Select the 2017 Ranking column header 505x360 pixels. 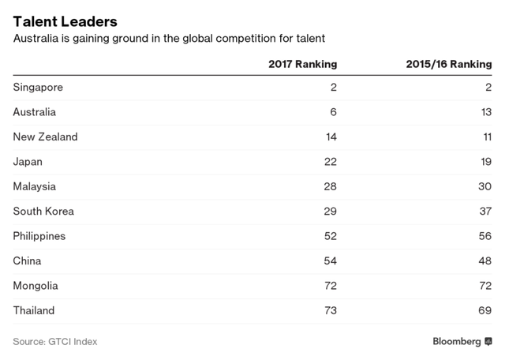[x=302, y=63]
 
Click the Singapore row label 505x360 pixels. [x=38, y=88]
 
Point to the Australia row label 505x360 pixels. [x=35, y=112]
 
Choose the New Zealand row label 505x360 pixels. [x=46, y=137]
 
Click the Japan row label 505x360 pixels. [x=28, y=162]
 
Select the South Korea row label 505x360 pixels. [x=43, y=211]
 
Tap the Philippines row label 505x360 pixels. [x=39, y=236]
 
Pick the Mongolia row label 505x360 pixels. [x=36, y=286]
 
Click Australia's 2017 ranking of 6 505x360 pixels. [x=333, y=112]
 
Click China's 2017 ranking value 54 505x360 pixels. [x=329, y=261]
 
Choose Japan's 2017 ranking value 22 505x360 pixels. [x=329, y=162]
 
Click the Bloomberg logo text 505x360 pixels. [x=457, y=341]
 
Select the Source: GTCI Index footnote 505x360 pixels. [x=55, y=342]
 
